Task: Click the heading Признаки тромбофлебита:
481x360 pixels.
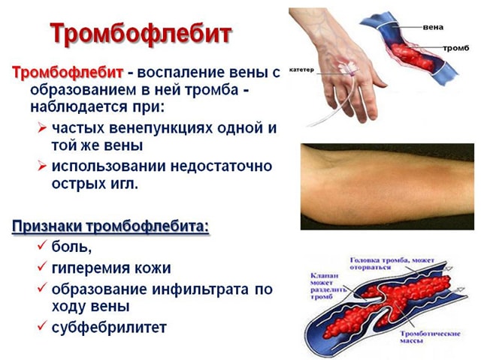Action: (110, 226)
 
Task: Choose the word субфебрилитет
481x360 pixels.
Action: (109, 328)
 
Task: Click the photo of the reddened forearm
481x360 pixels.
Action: (386, 185)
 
